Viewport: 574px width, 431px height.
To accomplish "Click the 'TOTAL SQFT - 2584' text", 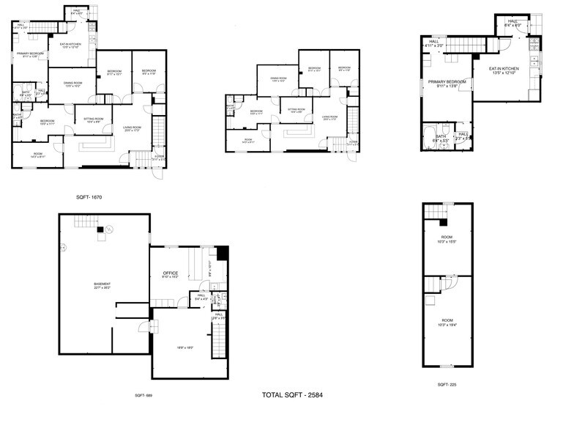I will point(292,395).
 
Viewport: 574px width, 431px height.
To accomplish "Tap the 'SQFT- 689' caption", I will point(144,395).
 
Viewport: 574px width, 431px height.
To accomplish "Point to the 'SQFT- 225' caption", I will point(448,384).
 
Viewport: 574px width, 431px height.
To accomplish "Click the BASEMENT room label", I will point(102,286).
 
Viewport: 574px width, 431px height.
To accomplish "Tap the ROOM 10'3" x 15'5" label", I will point(447,239).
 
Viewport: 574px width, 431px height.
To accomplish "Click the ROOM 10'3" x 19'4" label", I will point(447,322).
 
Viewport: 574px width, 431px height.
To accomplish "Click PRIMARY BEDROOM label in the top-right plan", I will point(447,84).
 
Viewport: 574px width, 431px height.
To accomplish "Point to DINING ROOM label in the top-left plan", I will point(70,85).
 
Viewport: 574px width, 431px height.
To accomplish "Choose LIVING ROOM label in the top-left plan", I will point(132,129).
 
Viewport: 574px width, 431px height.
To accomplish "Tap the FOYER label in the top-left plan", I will point(157,157).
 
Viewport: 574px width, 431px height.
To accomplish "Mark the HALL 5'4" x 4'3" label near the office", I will point(200,297).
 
